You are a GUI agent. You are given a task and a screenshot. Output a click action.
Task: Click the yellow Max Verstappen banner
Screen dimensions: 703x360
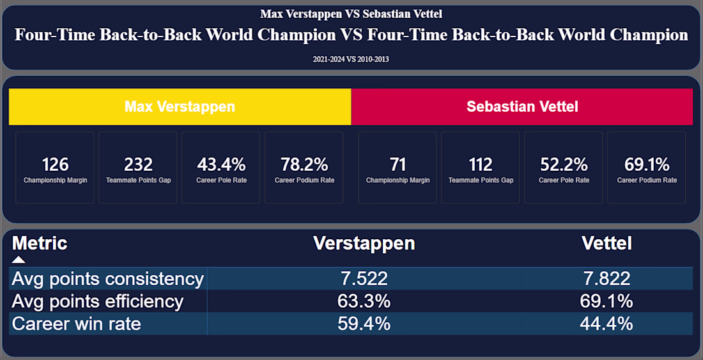[180, 107]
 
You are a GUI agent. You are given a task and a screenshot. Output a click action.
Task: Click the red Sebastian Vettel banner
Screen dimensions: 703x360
[522, 107]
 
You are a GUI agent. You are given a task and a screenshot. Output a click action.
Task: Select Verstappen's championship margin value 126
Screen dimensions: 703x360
[56, 164]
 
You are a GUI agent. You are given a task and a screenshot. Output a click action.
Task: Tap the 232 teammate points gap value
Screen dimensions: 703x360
[138, 164]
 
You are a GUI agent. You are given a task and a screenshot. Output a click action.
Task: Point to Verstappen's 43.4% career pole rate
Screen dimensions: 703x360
[221, 164]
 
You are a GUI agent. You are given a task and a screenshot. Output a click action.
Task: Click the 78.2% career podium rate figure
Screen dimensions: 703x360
[304, 164]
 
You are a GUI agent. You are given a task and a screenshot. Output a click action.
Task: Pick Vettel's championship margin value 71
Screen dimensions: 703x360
[398, 164]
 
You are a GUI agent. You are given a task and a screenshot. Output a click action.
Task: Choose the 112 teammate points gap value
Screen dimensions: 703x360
[481, 164]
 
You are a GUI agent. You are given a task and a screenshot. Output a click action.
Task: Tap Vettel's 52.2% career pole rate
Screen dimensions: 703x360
[564, 164]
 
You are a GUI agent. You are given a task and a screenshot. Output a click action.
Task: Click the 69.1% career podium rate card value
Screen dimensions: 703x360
[647, 164]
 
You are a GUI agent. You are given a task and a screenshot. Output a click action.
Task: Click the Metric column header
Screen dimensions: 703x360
[40, 243]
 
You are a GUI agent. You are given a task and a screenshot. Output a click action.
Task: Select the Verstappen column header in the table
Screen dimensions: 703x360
[364, 243]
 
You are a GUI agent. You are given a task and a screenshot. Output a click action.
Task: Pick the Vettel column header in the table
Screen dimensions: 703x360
[606, 243]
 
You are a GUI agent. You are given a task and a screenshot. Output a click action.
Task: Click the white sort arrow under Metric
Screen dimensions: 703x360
[19, 260]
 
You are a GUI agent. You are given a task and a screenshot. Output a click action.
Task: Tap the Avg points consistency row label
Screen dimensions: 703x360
[107, 279]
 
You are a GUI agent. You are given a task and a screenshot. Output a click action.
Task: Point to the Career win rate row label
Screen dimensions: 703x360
[76, 324]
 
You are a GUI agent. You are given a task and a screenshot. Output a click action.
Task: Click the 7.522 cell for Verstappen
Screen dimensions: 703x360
[364, 279]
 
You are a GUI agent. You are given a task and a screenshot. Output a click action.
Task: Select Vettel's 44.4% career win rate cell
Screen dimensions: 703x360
[606, 324]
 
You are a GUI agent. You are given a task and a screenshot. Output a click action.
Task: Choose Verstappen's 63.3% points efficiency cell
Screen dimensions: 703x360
[364, 301]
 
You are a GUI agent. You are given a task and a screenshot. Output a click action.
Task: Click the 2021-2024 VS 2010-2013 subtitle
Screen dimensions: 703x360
[351, 59]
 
